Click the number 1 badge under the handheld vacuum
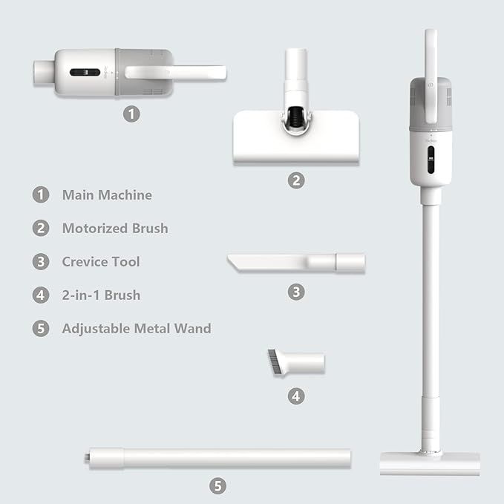click(131, 114)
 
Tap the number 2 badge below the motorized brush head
click(296, 180)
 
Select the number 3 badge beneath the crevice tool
click(296, 292)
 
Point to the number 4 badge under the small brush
click(296, 396)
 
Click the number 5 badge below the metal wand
click(217, 486)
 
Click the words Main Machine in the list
click(107, 195)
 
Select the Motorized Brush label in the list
click(115, 229)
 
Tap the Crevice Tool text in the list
click(101, 262)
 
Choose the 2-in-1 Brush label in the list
click(101, 295)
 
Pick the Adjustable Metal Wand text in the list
click(137, 329)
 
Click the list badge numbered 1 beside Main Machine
click(41, 194)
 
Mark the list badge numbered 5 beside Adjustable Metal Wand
click(41, 329)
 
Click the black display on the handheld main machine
click(85, 72)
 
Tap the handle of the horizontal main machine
click(175, 72)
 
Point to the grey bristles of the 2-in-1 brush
click(274, 361)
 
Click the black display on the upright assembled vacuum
click(431, 160)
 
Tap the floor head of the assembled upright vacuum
click(430, 463)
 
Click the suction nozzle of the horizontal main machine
click(44, 73)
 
